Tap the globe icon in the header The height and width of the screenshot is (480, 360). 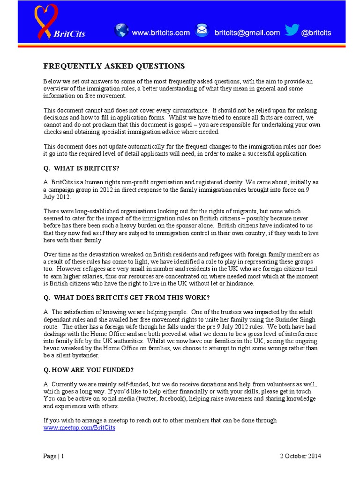pos(121,30)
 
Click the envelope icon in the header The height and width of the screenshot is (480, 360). pos(202,31)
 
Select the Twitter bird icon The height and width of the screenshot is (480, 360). pos(292,30)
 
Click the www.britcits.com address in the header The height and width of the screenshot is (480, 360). pos(161,33)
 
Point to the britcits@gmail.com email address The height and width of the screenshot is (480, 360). pos(247,33)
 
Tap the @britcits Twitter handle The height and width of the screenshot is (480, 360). pos(316,33)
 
